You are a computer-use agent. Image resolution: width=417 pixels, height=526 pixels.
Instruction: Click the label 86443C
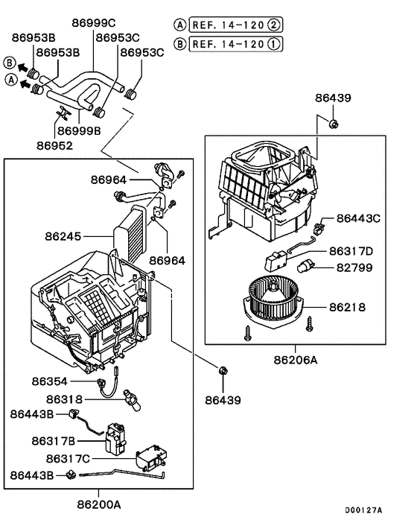359,218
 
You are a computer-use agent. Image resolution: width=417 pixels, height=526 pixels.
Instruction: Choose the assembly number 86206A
295,360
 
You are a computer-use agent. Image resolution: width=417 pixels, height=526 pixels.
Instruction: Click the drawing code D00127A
363,510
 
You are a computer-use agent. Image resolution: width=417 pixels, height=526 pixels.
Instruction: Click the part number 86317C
69,458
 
